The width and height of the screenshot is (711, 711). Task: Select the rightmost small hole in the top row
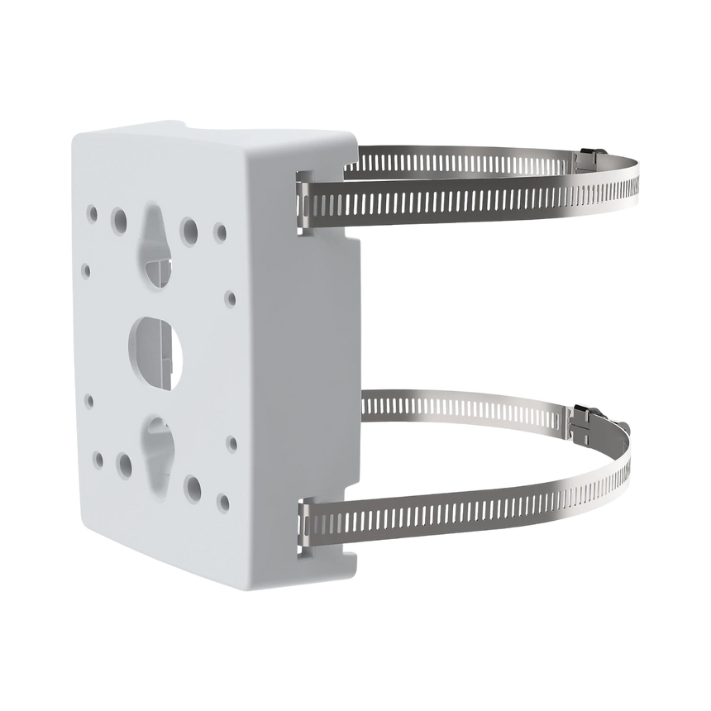click(x=220, y=230)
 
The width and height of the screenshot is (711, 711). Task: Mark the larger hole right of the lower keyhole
click(x=193, y=484)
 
